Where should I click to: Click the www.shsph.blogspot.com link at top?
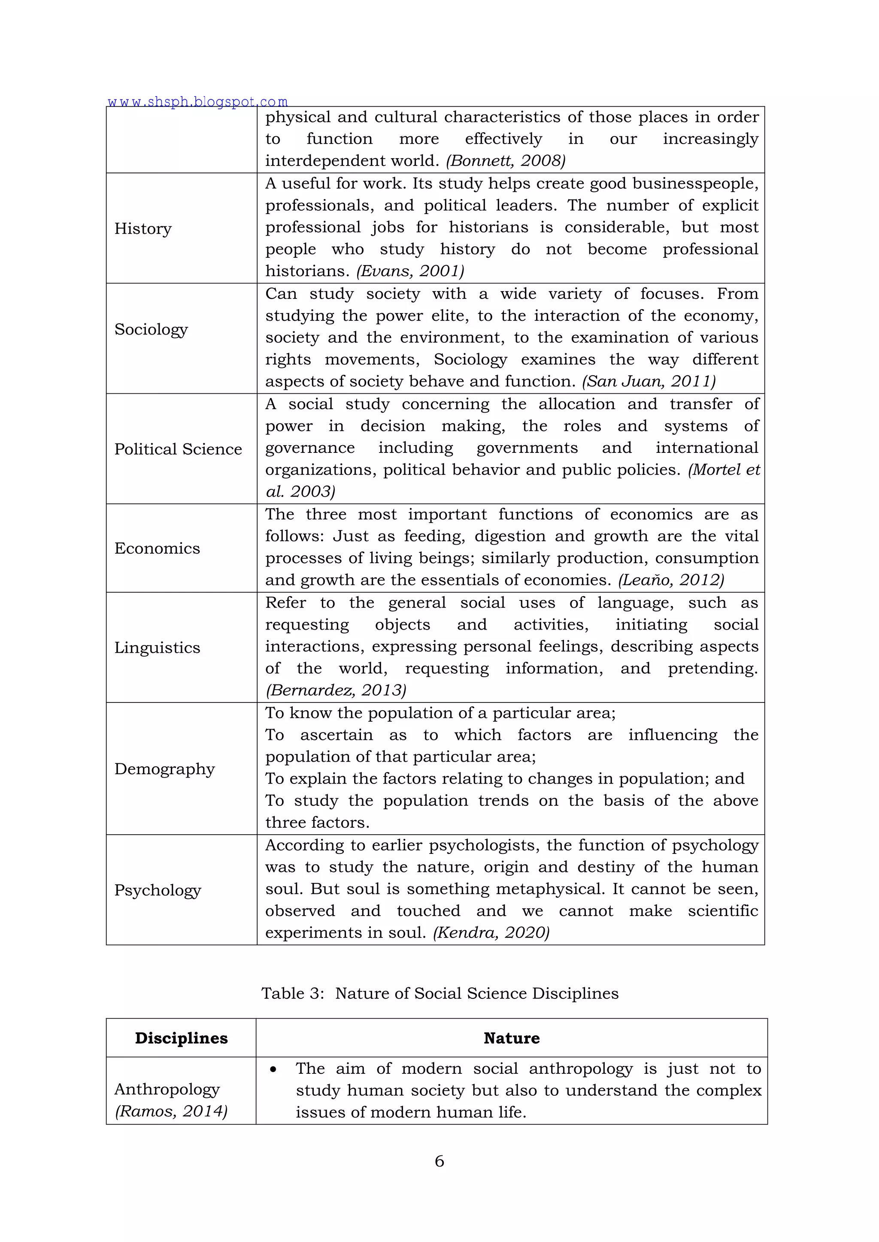197,101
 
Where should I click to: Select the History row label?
143,228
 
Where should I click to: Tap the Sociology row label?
151,329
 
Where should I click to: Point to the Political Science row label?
178,449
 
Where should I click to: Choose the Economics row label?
157,548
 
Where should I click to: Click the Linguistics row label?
157,648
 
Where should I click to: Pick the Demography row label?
164,769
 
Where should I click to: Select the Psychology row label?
158,890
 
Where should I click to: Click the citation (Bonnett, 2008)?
506,161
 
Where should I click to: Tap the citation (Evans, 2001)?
410,271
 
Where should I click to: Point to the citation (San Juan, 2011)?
649,381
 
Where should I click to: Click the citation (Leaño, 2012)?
670,580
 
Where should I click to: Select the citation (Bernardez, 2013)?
336,690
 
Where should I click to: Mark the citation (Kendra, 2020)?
491,933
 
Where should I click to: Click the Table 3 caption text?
439,993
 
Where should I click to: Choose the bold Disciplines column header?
181,1038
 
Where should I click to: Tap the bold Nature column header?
512,1038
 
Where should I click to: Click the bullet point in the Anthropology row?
273,1070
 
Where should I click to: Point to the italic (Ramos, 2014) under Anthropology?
171,1111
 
